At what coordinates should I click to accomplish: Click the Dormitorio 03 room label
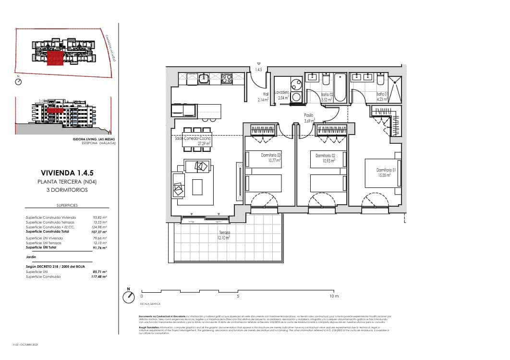click(270, 157)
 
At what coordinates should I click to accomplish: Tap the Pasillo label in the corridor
click(308, 118)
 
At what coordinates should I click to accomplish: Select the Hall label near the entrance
click(265, 97)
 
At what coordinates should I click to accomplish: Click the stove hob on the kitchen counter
click(227, 78)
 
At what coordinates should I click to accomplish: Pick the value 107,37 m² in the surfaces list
click(99, 231)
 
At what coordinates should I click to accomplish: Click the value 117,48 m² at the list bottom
click(99, 277)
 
